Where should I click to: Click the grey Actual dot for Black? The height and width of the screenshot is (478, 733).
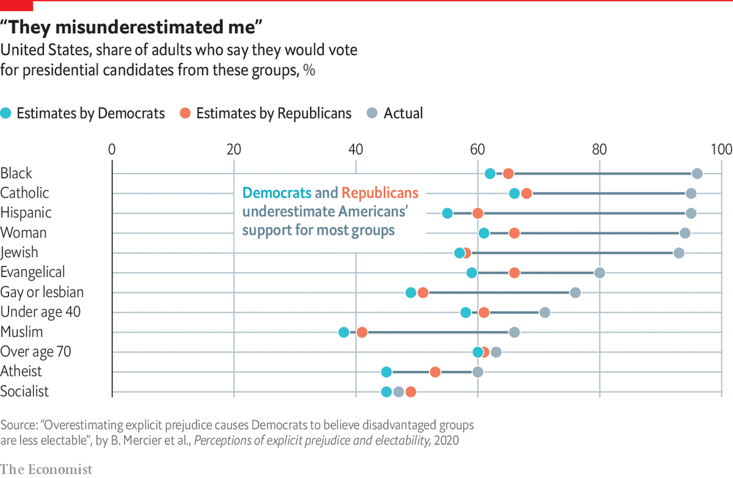[697, 174]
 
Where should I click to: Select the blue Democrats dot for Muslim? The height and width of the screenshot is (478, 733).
[344, 333]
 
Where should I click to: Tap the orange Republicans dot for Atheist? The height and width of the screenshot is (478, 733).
[435, 372]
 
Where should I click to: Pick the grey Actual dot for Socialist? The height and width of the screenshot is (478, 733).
[398, 392]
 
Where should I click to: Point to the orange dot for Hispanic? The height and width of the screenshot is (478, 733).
[478, 213]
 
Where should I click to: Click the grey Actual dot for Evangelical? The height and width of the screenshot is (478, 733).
[600, 273]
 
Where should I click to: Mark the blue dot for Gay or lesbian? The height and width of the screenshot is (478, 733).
[410, 293]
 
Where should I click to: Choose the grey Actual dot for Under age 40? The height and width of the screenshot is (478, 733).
[545, 312]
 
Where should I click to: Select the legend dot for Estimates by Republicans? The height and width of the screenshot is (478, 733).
[186, 113]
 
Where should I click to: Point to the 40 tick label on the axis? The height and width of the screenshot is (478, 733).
[355, 150]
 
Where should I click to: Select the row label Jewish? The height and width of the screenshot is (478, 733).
[20, 252]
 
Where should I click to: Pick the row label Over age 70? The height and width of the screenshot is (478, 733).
[36, 351]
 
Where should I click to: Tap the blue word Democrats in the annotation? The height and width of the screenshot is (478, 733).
[276, 193]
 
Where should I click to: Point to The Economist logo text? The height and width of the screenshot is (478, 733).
[46, 469]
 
